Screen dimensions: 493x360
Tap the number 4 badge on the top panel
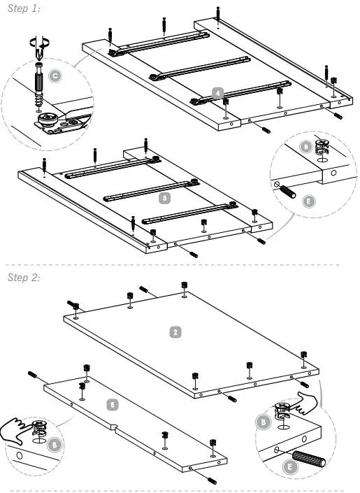(x=218, y=92)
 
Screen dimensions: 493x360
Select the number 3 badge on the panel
(x=164, y=198)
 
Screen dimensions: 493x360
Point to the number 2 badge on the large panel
(x=176, y=331)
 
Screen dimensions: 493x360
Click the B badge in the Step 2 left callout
(x=55, y=445)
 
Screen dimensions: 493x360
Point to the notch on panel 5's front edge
(x=114, y=427)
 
